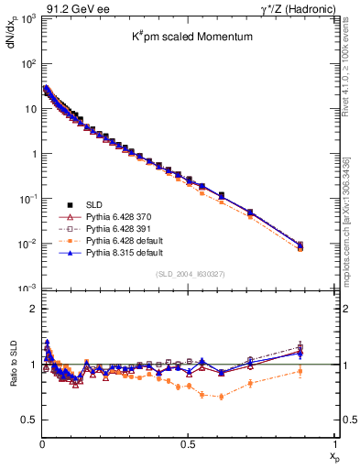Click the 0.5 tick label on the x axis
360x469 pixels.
[x=187, y=443]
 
